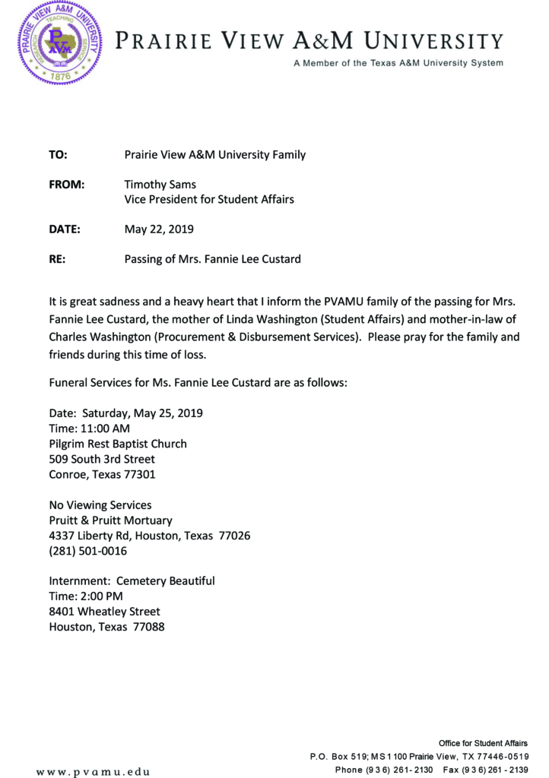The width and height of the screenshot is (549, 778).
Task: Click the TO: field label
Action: click(x=59, y=155)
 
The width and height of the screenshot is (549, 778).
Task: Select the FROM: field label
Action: click(x=66, y=185)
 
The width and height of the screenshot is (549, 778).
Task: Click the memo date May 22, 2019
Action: click(x=159, y=229)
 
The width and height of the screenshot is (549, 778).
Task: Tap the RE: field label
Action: click(x=57, y=259)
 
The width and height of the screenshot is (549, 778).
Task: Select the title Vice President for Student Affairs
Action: click(x=209, y=200)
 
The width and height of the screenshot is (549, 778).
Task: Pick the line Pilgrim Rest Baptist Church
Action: click(x=118, y=444)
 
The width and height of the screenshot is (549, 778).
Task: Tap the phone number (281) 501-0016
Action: click(x=88, y=551)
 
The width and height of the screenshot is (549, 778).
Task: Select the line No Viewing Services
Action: click(x=100, y=505)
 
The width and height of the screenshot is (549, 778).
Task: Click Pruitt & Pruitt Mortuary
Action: click(x=111, y=520)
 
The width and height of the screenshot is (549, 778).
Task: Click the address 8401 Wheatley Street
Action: click(x=105, y=612)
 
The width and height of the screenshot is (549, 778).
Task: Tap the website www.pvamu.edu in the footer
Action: click(x=93, y=772)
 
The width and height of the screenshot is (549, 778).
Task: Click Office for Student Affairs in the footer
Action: click(x=483, y=742)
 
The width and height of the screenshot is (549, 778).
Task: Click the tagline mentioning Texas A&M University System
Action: click(x=398, y=63)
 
